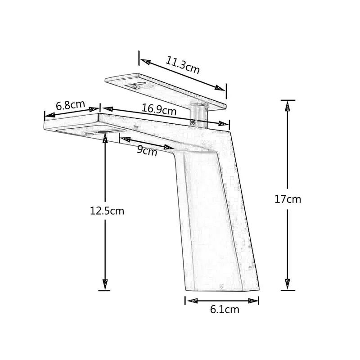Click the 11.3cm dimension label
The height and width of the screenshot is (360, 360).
(182, 65)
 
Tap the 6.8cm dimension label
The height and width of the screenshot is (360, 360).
(71, 105)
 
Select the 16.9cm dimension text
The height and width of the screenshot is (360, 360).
(159, 109)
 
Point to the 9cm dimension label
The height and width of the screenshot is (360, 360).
(147, 151)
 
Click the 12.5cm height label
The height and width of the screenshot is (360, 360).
(107, 211)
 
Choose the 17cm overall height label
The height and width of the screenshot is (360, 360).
(288, 199)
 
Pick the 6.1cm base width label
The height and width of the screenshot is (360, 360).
(225, 310)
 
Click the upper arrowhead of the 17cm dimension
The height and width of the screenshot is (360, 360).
(288, 106)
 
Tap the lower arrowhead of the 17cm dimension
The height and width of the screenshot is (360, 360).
(288, 284)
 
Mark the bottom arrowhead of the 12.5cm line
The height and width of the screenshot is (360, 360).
(105, 285)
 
